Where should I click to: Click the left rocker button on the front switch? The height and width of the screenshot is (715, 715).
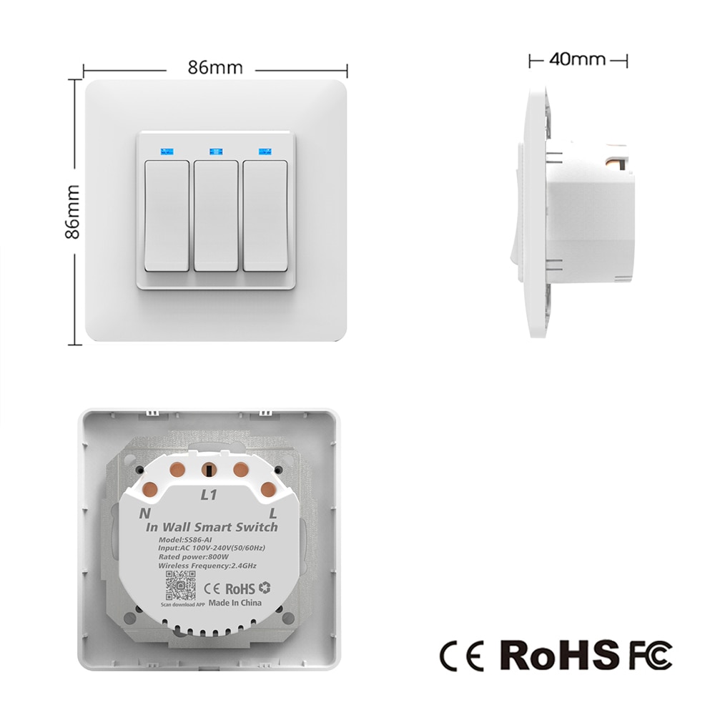pos(167,215)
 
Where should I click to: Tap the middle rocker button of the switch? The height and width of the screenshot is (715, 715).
pos(216,215)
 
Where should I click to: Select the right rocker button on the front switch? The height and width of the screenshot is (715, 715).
pos(265,215)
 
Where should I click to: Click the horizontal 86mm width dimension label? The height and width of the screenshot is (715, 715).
pos(215,69)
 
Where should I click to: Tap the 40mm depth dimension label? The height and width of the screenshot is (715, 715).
pos(577,59)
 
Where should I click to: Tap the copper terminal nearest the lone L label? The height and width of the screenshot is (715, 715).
pos(269,490)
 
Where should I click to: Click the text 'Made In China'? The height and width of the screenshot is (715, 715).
pos(235,603)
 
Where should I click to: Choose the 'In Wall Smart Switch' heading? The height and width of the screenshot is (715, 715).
pos(212,527)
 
